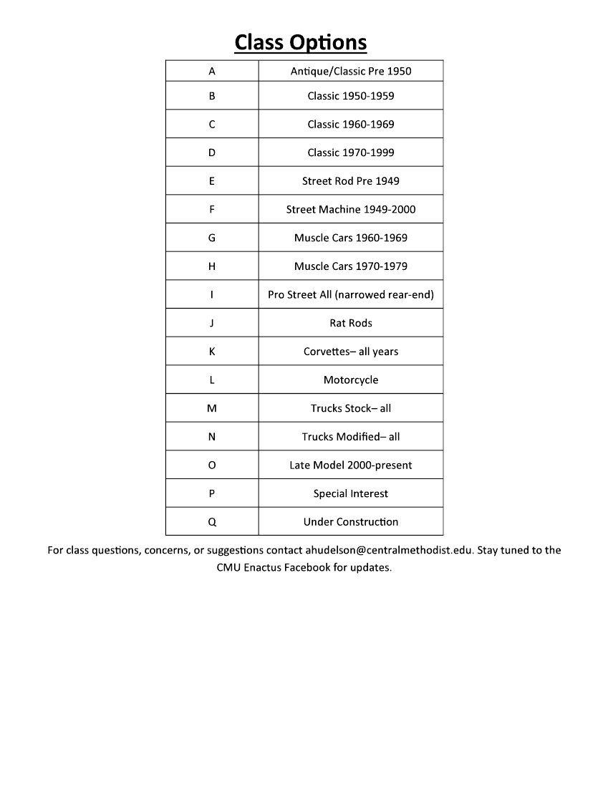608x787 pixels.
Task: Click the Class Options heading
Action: tap(301, 42)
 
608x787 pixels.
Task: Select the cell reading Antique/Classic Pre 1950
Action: tap(351, 71)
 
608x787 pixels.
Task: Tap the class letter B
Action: tap(212, 95)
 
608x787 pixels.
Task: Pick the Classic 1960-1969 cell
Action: tap(351, 124)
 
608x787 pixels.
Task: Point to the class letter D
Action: tap(212, 153)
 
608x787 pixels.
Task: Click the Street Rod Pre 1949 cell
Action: tap(351, 181)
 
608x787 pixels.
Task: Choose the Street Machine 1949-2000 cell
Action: tap(351, 209)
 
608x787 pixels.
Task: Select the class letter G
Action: tap(212, 238)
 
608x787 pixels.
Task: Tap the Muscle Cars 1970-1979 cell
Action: tap(351, 266)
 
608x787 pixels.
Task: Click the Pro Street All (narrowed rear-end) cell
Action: tap(351, 294)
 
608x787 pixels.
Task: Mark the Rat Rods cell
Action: tap(351, 323)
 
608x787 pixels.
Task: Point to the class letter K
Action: tap(212, 352)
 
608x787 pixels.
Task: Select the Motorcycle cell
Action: tap(351, 380)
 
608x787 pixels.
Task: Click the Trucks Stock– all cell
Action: tap(351, 408)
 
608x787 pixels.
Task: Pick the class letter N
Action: tap(212, 437)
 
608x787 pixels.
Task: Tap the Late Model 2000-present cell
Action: tap(351, 465)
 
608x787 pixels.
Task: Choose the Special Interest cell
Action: tap(351, 493)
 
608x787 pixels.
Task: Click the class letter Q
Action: tap(212, 522)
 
